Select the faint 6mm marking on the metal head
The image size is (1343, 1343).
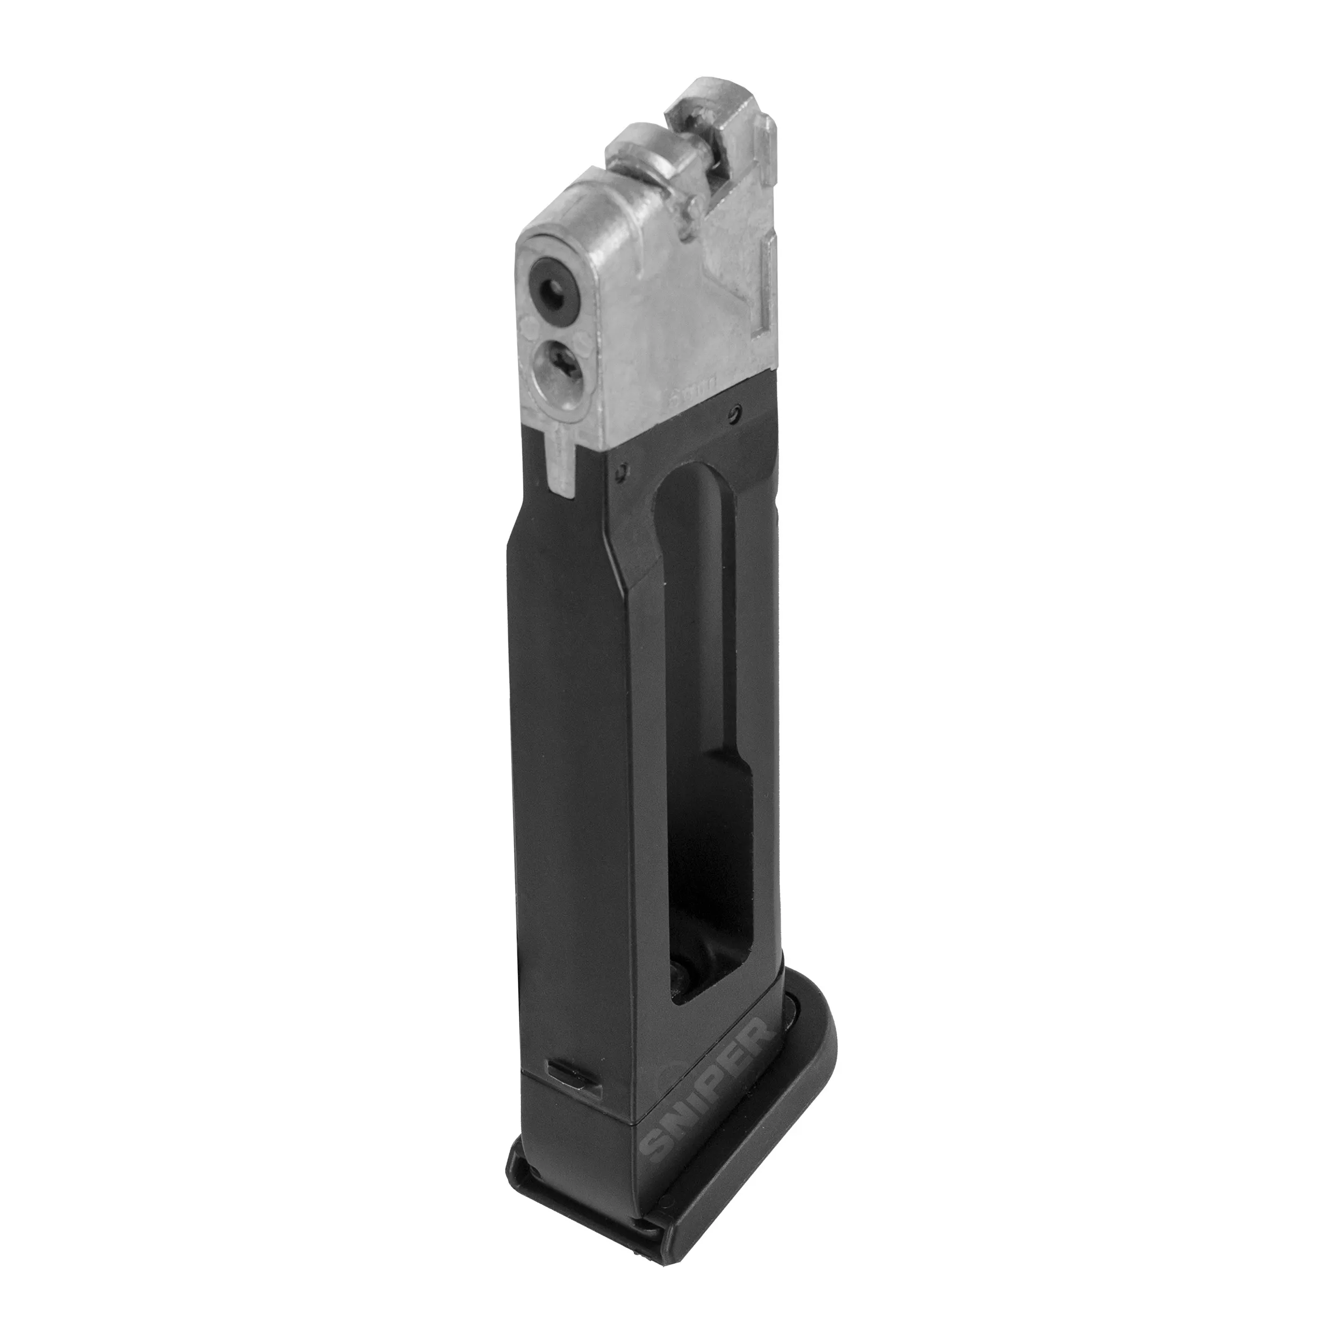(x=687, y=402)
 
